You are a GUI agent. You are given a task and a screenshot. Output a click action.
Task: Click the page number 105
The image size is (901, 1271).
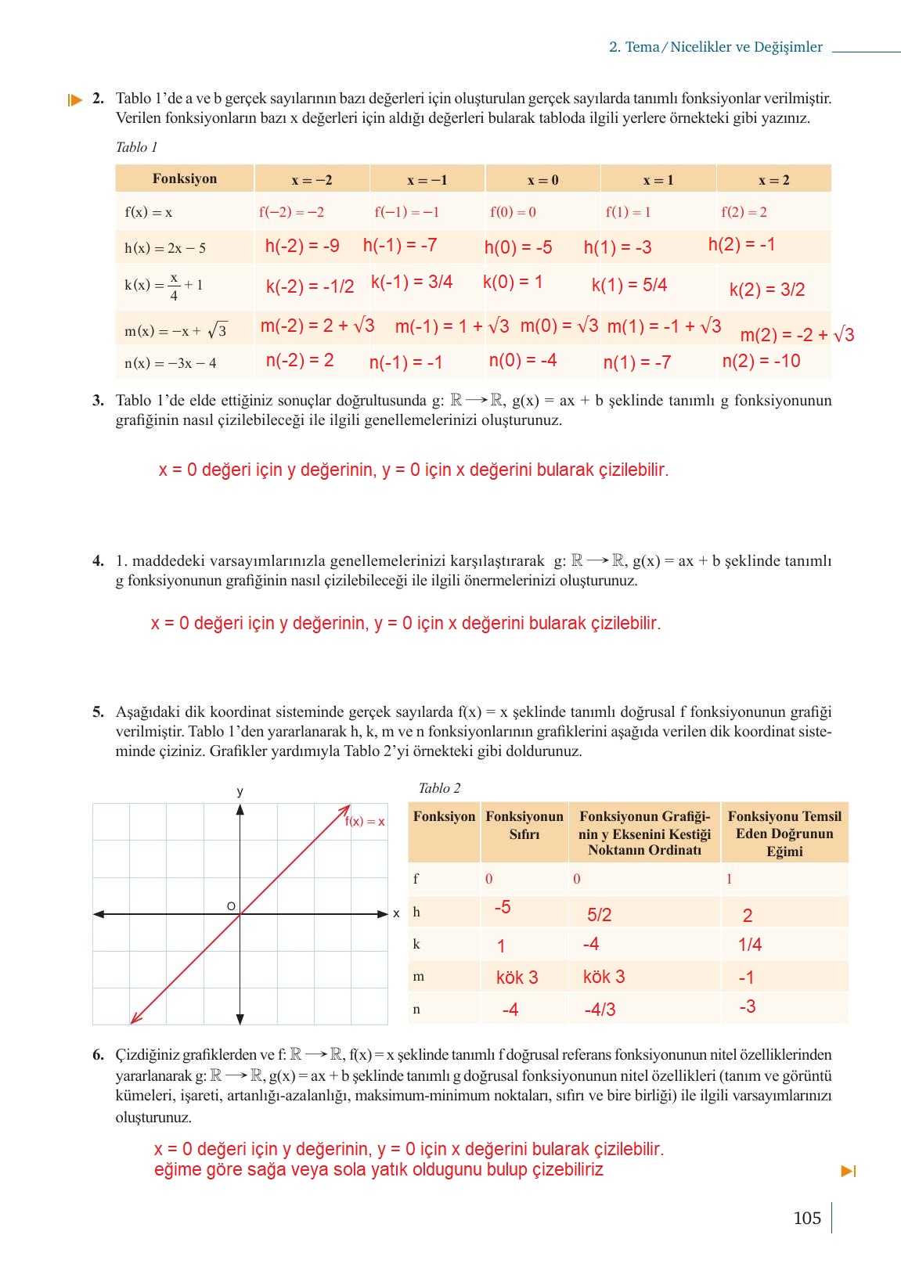pyautogui.click(x=806, y=1218)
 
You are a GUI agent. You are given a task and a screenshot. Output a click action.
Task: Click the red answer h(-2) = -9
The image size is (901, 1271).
pyautogui.click(x=302, y=246)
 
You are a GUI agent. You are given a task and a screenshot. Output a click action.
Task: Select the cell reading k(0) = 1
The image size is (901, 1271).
pyautogui.click(x=513, y=282)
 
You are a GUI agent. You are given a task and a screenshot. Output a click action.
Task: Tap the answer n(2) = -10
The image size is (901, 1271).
pyautogui.click(x=761, y=361)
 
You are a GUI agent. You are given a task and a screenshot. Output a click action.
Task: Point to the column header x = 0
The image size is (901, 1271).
pyautogui.click(x=542, y=180)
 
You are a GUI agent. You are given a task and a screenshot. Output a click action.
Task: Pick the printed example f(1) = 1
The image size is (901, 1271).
pyautogui.click(x=628, y=212)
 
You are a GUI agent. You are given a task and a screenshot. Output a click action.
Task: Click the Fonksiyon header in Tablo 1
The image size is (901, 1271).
pyautogui.click(x=185, y=178)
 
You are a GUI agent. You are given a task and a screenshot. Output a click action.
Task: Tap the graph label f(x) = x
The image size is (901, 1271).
pyautogui.click(x=365, y=821)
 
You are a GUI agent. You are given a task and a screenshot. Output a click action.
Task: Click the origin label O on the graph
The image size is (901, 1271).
pyautogui.click(x=231, y=906)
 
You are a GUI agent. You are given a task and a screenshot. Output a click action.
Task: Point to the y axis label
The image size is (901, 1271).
pyautogui.click(x=240, y=791)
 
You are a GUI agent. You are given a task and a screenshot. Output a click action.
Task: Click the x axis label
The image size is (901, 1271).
pyautogui.click(x=396, y=913)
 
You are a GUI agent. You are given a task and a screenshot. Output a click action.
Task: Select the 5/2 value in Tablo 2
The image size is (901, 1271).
pyautogui.click(x=599, y=915)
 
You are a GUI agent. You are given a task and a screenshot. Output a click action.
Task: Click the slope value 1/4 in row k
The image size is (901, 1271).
pyautogui.click(x=749, y=945)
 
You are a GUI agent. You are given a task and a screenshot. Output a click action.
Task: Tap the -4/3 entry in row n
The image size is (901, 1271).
pyautogui.click(x=600, y=1010)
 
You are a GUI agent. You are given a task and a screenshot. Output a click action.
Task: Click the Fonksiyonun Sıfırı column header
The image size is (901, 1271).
pyautogui.click(x=524, y=825)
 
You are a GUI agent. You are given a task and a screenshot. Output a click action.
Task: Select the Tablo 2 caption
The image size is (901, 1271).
pyautogui.click(x=439, y=788)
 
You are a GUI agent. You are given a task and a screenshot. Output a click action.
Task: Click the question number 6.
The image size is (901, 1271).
pyautogui.click(x=98, y=1055)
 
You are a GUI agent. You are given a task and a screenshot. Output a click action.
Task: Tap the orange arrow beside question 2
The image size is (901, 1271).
pyautogui.click(x=75, y=100)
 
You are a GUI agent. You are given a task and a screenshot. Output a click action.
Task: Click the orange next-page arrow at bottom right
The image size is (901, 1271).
pyautogui.click(x=849, y=1171)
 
